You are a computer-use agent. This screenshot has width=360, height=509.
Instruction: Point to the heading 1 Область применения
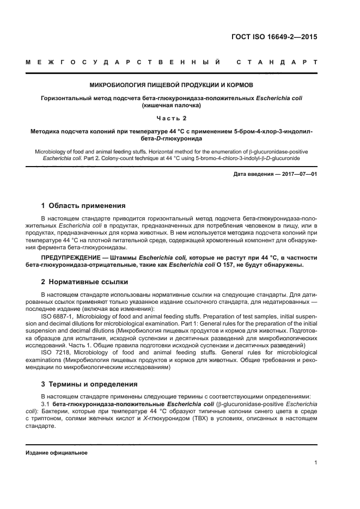[83, 206]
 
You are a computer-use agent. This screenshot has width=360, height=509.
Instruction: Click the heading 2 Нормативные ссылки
[84, 282]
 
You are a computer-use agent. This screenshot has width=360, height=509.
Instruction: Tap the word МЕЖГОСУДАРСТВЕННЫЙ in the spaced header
[124, 63]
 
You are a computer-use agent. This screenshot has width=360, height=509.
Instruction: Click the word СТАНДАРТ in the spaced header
[277, 63]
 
